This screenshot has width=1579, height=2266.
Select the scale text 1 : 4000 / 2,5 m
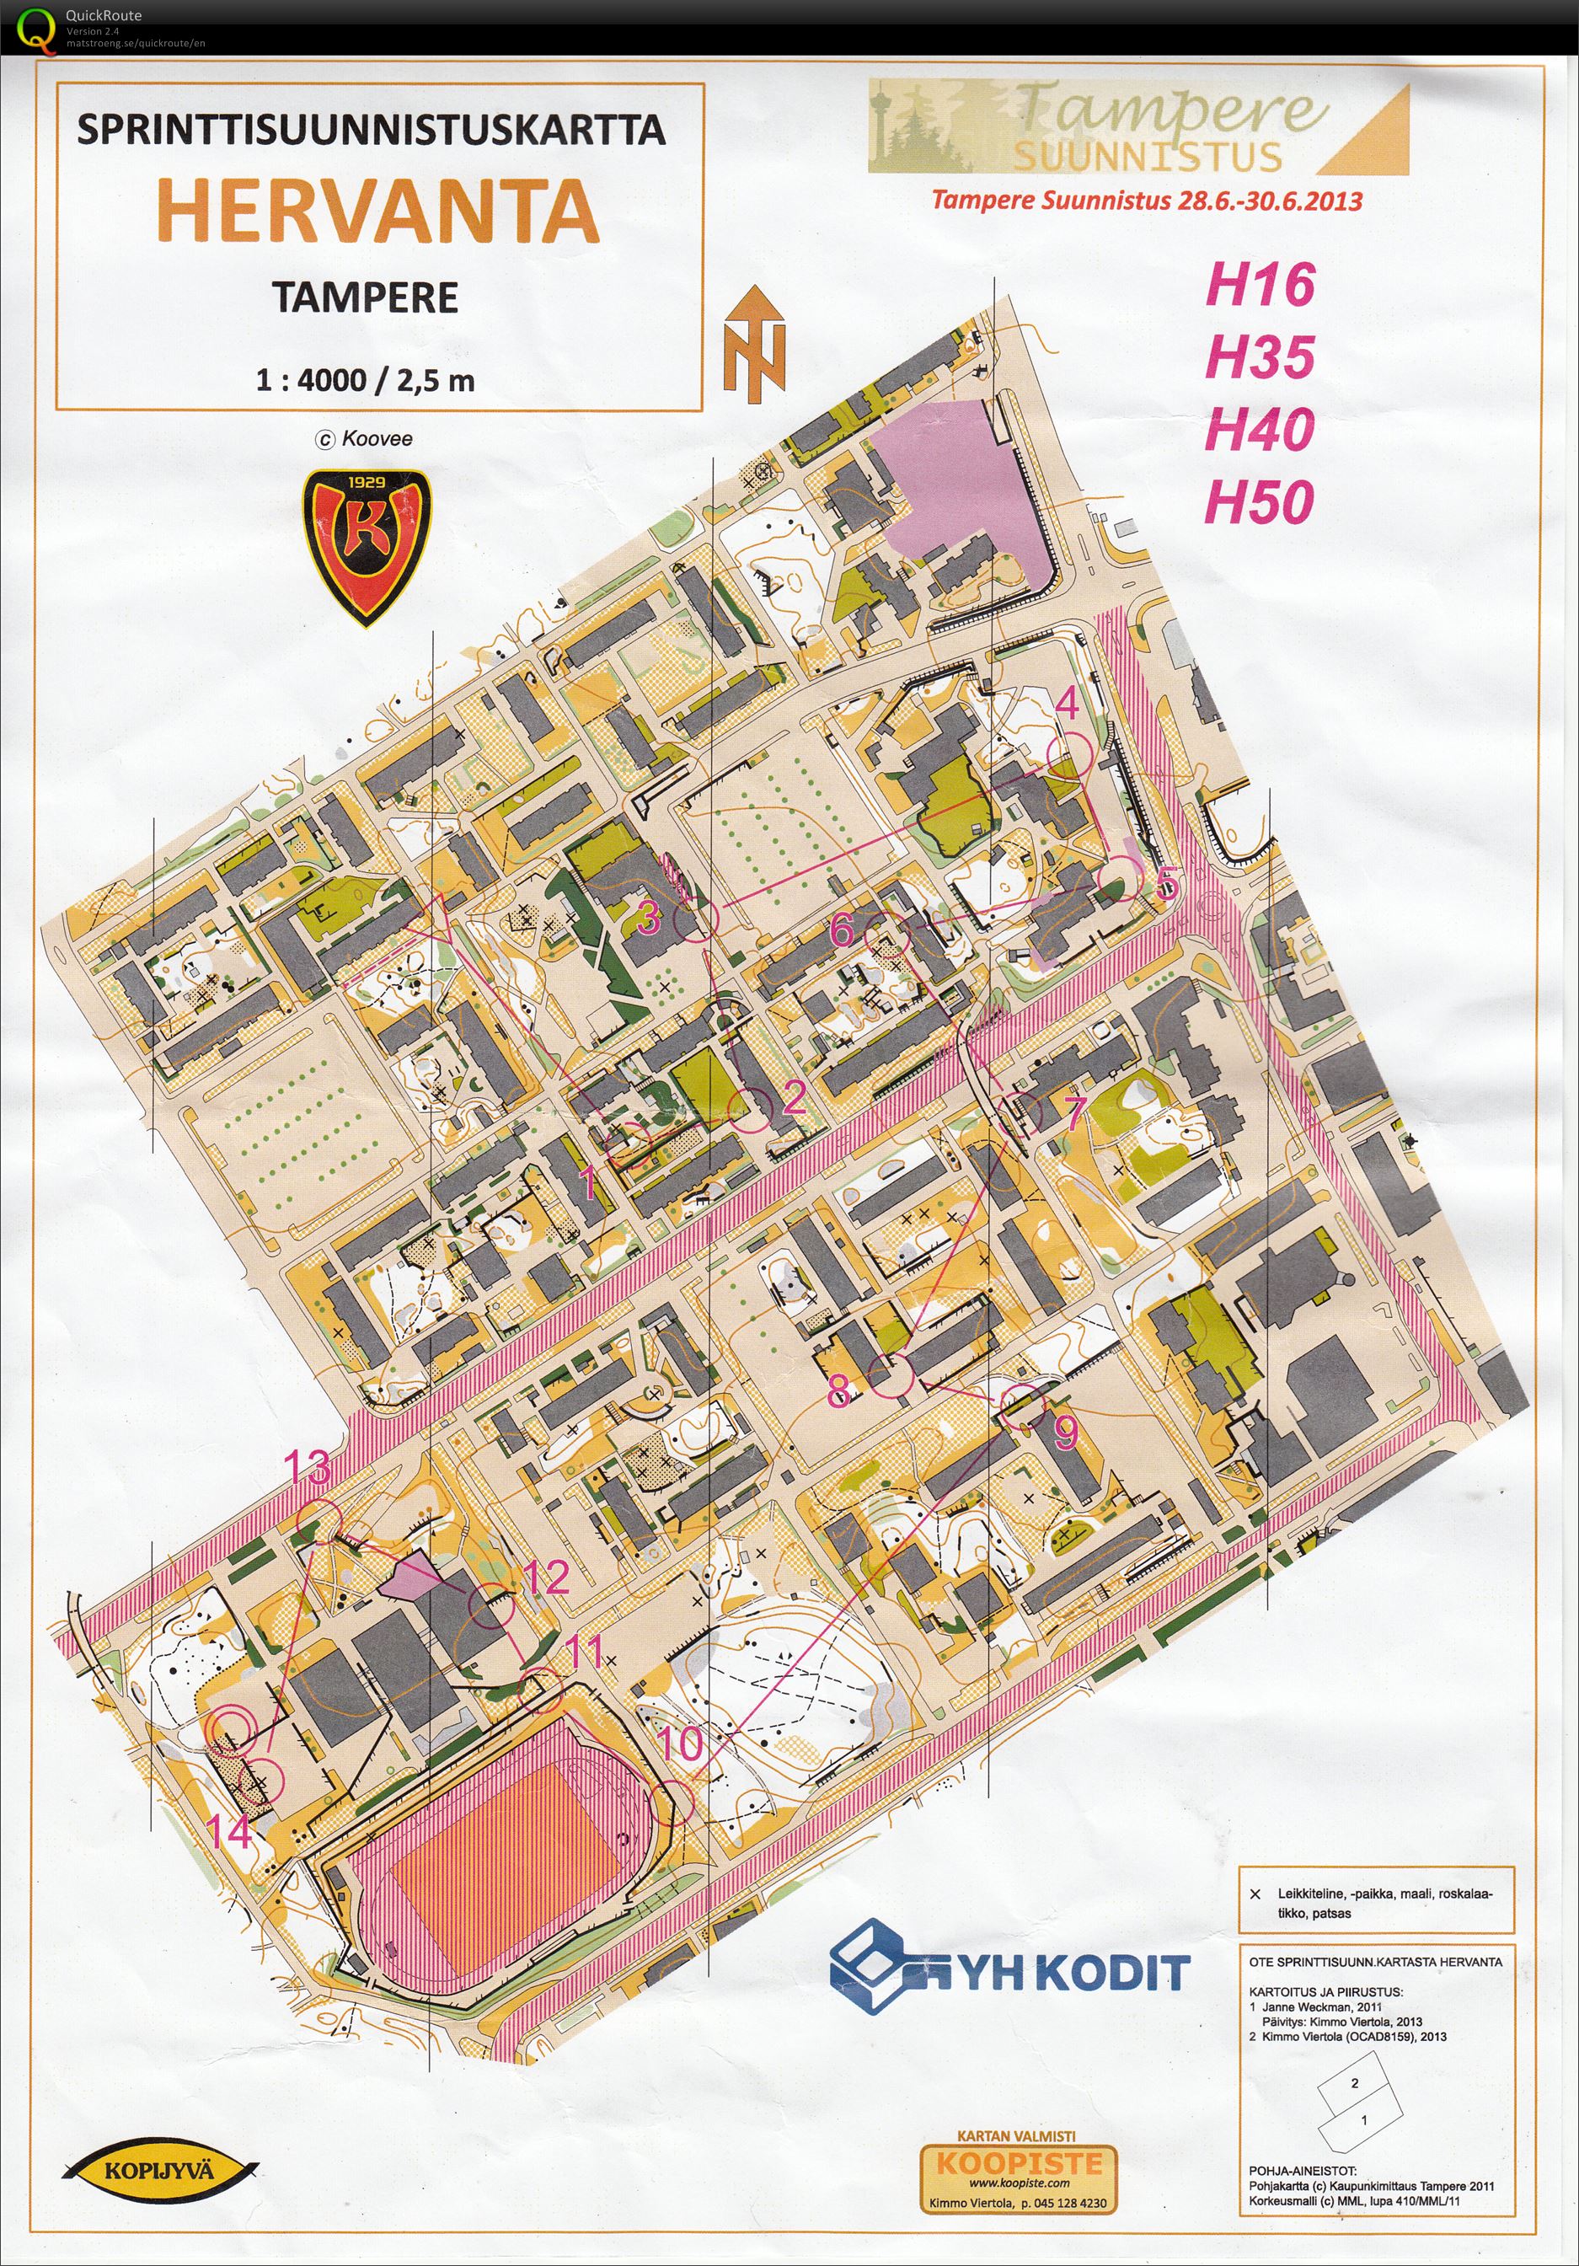[365, 380]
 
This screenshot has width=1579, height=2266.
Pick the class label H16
[1261, 284]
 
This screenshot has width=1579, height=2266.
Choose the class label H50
[1260, 502]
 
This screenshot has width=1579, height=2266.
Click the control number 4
[1067, 704]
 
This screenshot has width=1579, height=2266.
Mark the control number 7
[1074, 1112]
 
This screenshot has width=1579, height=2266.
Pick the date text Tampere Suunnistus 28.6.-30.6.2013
[1147, 201]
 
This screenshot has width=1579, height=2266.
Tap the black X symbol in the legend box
[1255, 1894]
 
